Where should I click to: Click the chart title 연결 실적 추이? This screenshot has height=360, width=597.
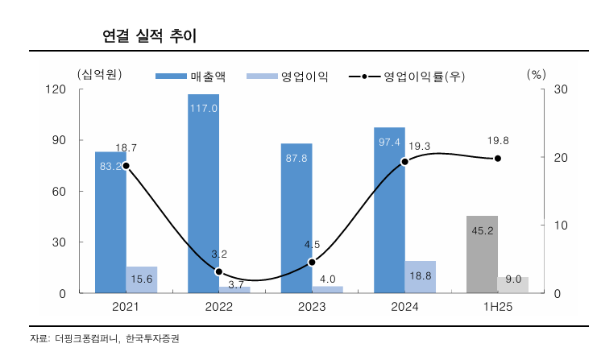click(x=149, y=35)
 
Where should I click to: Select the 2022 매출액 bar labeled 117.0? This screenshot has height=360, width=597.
click(x=203, y=193)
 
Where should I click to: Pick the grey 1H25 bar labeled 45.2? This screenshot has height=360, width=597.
click(x=483, y=254)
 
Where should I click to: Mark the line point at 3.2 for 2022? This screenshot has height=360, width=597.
click(x=218, y=271)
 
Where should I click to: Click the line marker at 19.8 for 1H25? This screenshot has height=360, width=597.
click(x=498, y=159)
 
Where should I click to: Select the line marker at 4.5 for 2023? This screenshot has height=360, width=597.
click(x=312, y=263)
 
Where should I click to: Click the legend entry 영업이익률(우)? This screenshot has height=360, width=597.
click(x=408, y=77)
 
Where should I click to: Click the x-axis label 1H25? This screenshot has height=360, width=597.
click(x=497, y=307)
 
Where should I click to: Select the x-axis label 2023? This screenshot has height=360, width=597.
click(x=312, y=307)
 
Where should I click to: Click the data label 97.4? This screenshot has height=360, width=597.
click(x=389, y=142)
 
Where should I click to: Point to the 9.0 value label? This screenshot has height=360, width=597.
click(x=513, y=279)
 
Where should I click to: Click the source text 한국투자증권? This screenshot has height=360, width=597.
click(x=152, y=338)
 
